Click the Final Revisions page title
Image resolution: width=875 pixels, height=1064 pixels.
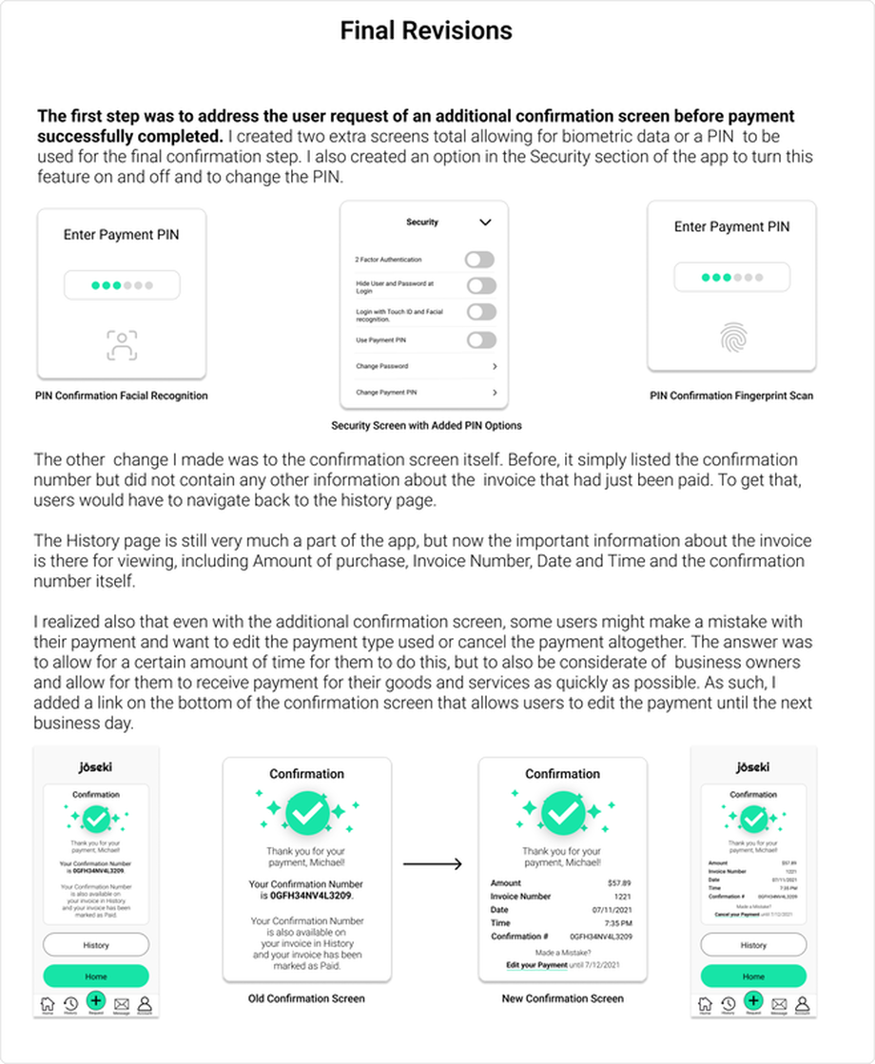(x=426, y=31)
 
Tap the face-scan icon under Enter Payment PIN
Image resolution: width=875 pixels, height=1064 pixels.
(x=122, y=345)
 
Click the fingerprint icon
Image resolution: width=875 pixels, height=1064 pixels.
(x=732, y=337)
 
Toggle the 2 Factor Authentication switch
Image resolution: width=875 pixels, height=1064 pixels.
(x=480, y=260)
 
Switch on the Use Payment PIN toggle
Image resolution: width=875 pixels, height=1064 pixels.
(x=480, y=339)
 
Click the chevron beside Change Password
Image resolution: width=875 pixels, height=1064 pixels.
(x=495, y=366)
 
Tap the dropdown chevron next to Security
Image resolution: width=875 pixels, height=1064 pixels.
(x=485, y=222)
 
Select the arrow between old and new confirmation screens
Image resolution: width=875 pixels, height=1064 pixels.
(x=433, y=863)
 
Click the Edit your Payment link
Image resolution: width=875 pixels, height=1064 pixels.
(x=536, y=966)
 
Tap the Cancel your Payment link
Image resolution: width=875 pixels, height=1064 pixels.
(x=735, y=915)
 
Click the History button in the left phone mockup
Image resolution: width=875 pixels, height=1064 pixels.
(x=96, y=945)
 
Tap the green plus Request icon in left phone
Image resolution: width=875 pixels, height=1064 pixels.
(x=95, y=1000)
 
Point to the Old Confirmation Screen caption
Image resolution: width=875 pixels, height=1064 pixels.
(x=306, y=998)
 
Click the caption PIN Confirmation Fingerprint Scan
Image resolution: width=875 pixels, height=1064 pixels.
(x=731, y=396)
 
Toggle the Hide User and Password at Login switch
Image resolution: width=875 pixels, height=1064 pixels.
(x=480, y=285)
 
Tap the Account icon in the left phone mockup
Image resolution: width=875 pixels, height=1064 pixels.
(x=145, y=1003)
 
